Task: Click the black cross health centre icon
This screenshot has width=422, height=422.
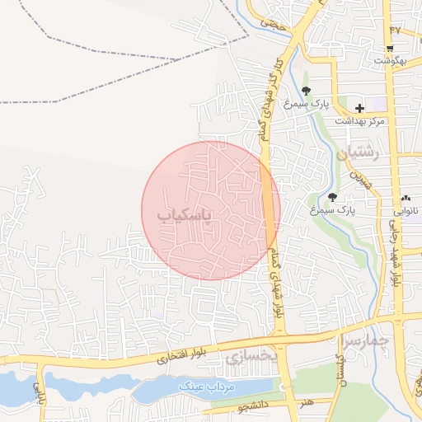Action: point(359,108)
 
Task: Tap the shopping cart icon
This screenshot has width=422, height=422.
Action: point(391,48)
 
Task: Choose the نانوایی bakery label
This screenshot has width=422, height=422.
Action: point(406,211)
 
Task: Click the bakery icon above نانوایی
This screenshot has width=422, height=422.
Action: point(406,199)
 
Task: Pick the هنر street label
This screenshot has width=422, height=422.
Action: point(307,401)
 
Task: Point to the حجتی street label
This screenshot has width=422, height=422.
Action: point(271,23)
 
